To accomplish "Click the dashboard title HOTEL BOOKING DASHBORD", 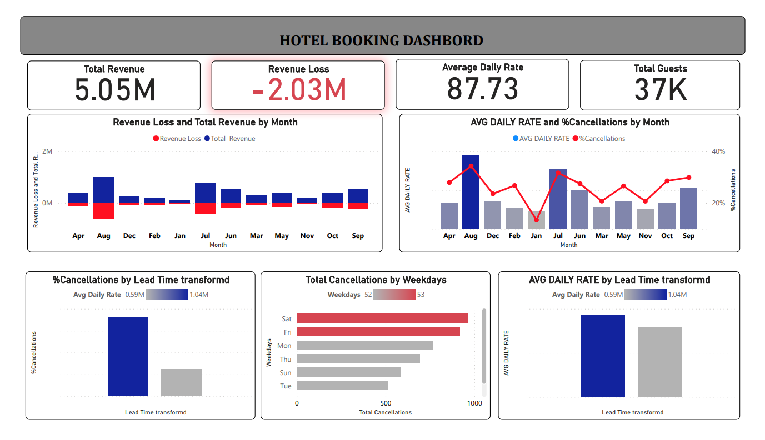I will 381,41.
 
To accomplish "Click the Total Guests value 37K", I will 660,90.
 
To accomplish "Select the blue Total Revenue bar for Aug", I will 103,190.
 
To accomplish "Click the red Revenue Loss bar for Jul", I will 205,208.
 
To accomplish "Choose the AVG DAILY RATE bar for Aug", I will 471,192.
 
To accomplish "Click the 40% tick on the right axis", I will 718,151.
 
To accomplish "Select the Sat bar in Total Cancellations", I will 382,318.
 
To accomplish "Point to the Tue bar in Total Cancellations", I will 342,386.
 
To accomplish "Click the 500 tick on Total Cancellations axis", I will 386,403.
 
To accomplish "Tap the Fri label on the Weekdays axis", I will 287,332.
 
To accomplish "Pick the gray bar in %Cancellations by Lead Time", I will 181,382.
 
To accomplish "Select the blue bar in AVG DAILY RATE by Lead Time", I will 603,356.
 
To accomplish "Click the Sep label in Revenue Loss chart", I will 358,236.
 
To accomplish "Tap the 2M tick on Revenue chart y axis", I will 47,151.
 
